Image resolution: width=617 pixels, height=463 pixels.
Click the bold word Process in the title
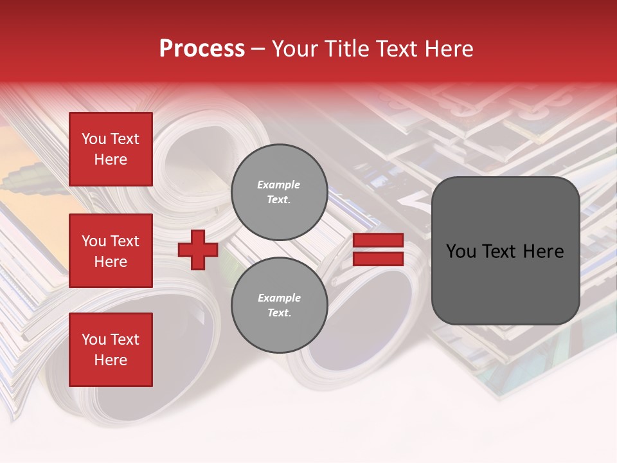pos(202,49)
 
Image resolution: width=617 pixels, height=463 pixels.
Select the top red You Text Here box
pos(111,149)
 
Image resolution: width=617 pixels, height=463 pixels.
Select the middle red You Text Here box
pos(111,251)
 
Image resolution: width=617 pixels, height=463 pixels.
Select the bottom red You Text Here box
pos(111,350)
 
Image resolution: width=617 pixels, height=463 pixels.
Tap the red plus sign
pos(198,250)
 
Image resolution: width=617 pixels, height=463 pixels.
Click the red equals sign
pos(378,250)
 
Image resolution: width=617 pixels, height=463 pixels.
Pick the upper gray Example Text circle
pos(279,192)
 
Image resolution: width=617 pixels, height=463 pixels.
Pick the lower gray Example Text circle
pos(279,305)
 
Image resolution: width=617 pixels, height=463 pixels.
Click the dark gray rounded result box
pos(505,251)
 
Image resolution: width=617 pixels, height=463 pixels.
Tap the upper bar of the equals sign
pos(378,241)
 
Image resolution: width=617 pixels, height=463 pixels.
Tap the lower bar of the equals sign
pos(378,259)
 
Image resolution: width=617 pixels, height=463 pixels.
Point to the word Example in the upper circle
pos(279,185)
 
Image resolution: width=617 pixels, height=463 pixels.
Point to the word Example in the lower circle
pos(279,298)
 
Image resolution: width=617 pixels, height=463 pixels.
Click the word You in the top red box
pos(94,139)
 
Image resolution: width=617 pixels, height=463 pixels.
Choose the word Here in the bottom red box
pos(111,360)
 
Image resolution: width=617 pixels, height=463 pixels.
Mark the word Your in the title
pos(293,49)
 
